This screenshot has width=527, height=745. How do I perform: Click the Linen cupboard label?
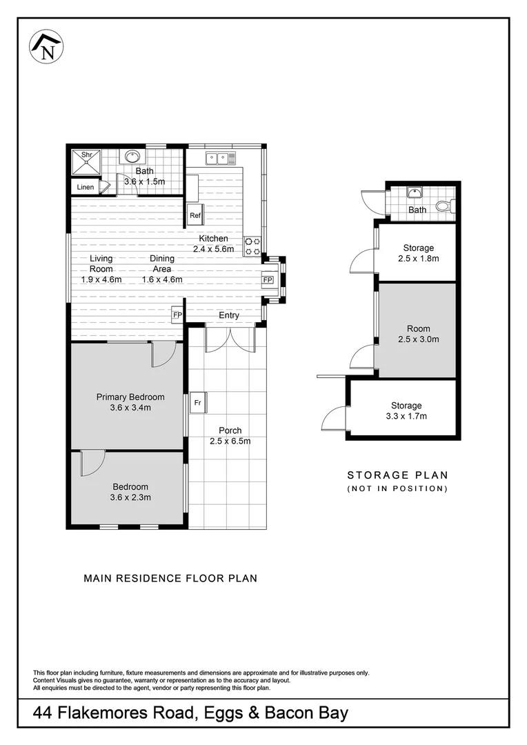point(86,187)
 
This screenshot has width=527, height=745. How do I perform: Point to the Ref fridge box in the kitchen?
point(195,215)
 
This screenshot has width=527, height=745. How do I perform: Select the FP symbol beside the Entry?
point(177,315)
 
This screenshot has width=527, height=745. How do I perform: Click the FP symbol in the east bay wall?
point(268,280)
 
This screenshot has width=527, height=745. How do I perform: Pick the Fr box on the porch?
point(197,402)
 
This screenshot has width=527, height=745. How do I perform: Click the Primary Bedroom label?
point(130,397)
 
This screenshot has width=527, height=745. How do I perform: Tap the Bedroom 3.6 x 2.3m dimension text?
point(130,497)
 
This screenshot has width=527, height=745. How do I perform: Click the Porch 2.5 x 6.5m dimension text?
point(230,441)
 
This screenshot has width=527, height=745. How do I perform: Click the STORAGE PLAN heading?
point(397,475)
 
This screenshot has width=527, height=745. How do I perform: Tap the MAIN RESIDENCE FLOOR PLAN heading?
point(170,578)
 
